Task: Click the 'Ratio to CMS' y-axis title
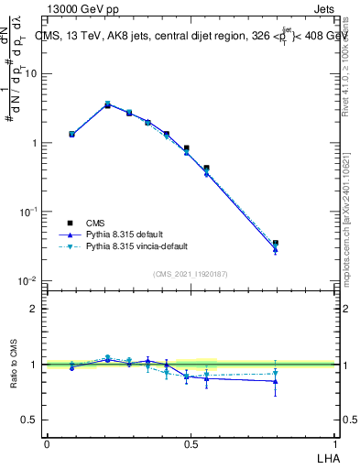pyautogui.click(x=14, y=365)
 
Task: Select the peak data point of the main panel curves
pyautogui.click(x=107, y=104)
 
